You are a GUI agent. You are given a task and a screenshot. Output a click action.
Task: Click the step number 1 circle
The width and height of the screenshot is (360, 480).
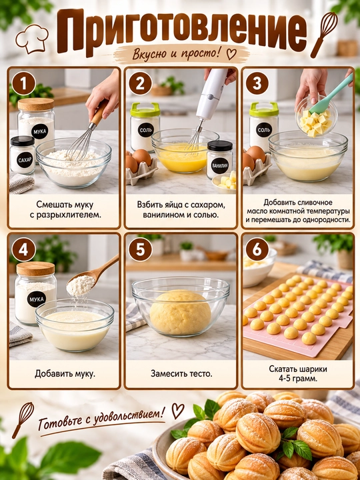[x=24, y=83]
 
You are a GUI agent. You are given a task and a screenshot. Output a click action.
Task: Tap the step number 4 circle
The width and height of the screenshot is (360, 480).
[x=23, y=249]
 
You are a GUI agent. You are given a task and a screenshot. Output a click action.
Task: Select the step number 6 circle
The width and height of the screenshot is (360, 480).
[x=257, y=249]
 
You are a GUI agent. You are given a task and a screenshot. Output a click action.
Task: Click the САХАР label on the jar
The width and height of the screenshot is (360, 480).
[x=25, y=160]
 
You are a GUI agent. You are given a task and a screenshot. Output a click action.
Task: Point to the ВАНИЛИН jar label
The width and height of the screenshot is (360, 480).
[x=220, y=165]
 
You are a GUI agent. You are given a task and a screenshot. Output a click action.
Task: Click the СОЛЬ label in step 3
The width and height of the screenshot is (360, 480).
[x=263, y=130]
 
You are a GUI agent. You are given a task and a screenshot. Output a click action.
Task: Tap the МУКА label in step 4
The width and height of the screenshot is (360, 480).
[x=37, y=299]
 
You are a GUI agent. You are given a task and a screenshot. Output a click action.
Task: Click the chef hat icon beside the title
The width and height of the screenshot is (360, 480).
[x=32, y=39]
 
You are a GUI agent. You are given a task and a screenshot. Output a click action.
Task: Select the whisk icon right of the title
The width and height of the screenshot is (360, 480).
[x=323, y=34]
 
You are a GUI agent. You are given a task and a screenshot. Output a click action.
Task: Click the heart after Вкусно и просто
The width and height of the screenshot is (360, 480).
[x=231, y=54]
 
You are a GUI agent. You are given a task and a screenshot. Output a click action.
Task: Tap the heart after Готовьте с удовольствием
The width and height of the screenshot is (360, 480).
[x=177, y=410]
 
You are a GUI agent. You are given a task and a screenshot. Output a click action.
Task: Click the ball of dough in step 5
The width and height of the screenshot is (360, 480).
[x=180, y=312]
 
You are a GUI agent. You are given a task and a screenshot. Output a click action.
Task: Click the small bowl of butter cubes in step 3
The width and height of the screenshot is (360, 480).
[x=316, y=119]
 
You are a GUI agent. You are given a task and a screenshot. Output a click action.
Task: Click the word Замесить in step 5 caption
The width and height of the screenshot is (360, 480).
[x=165, y=374]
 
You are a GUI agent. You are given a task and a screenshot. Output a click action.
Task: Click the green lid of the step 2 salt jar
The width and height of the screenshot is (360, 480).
[x=145, y=109]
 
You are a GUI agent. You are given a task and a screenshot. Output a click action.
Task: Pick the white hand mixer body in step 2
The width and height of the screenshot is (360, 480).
[x=211, y=93]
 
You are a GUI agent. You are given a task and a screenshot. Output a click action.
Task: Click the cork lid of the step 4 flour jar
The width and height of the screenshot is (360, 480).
[x=36, y=269]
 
